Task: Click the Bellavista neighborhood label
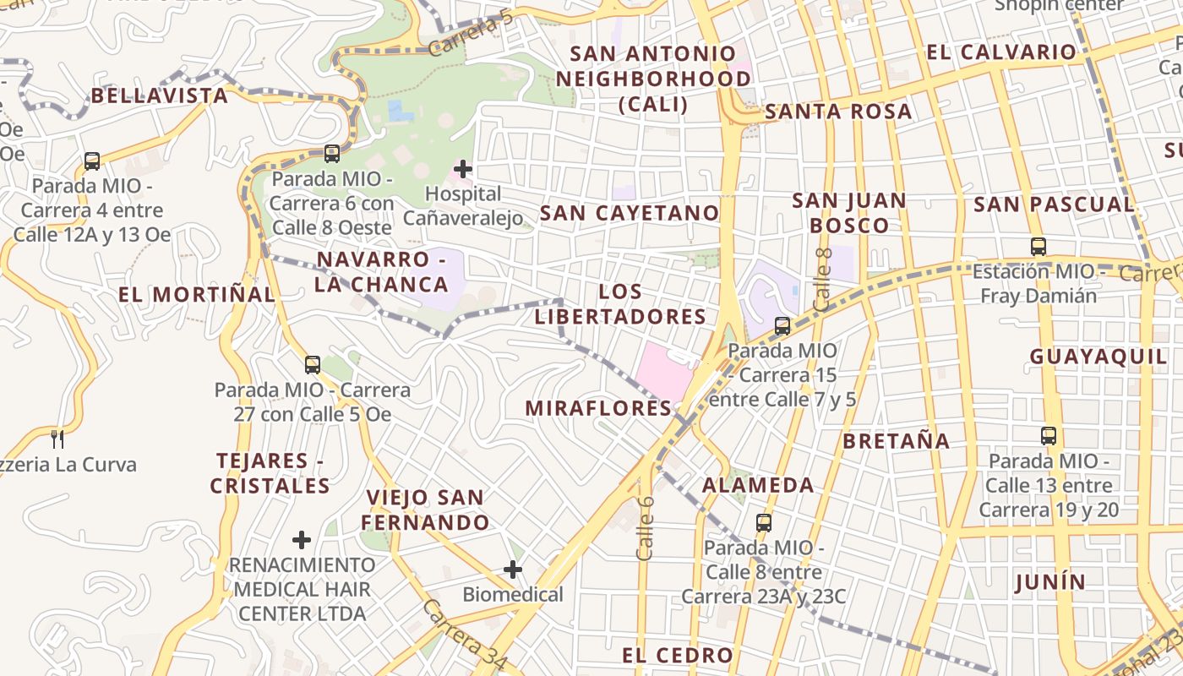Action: pos(160,95)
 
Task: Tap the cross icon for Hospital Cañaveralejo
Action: pos(463,168)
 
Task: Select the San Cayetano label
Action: pos(629,213)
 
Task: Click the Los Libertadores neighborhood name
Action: pos(620,304)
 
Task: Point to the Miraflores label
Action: pos(598,408)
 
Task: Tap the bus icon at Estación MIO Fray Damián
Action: pos(1039,247)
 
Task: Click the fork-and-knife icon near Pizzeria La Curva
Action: pos(57,439)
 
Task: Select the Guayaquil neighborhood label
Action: pos(1098,357)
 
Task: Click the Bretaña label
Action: pos(896,441)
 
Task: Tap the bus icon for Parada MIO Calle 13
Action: pos(1049,436)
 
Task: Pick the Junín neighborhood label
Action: pos(1050,581)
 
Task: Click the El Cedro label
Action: pos(678,655)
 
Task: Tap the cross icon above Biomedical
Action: pos(513,570)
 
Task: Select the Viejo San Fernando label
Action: pos(427,510)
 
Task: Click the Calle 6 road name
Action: pos(646,527)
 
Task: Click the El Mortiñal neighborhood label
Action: pos(197,294)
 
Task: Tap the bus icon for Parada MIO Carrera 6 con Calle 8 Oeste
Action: pos(332,154)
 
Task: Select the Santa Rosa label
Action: pos(838,112)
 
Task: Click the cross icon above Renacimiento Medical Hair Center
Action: pos(302,539)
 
